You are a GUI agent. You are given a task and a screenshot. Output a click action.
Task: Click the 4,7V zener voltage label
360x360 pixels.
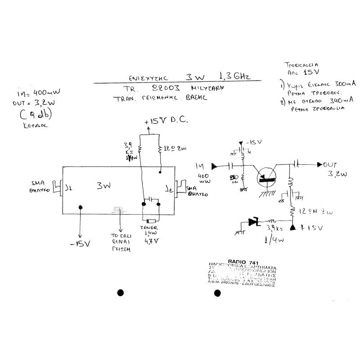coord(151,241)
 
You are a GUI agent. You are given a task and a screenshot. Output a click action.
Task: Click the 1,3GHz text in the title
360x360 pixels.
coord(234,75)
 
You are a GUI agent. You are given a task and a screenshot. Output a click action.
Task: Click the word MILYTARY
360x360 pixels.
coord(207,89)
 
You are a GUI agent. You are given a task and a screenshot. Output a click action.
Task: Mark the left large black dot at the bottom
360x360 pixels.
coord(120,293)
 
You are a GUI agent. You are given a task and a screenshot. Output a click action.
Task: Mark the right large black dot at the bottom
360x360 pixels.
coord(217,293)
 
